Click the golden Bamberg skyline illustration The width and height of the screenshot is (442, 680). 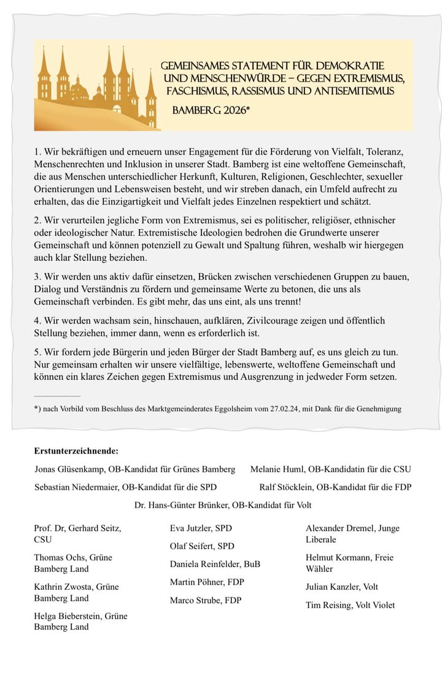click(95, 89)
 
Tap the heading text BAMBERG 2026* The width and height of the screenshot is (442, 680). click(212, 111)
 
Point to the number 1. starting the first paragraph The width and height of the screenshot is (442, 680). click(37, 150)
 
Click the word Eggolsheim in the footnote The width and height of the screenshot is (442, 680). click(233, 408)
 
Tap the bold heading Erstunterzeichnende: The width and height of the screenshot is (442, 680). click(76, 451)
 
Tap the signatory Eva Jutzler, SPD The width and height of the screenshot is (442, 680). click(201, 528)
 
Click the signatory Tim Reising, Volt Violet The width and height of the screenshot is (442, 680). click(350, 605)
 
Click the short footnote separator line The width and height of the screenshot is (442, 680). click(57, 396)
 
